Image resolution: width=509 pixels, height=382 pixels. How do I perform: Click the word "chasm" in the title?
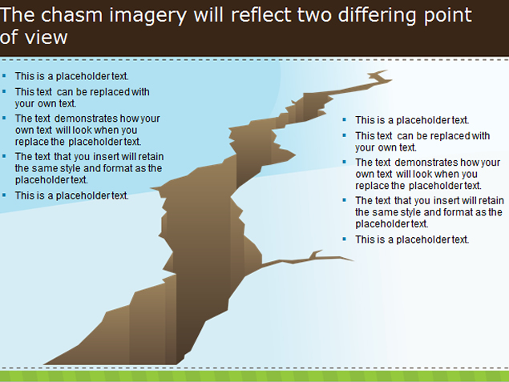point(71,15)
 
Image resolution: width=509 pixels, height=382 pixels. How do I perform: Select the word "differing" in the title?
point(377,16)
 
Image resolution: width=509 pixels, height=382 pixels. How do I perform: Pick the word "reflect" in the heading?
point(260,15)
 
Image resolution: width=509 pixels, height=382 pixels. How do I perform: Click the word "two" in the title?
point(314,16)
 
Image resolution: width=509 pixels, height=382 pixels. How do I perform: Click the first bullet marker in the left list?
point(4,76)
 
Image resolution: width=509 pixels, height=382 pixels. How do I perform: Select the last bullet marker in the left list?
point(4,195)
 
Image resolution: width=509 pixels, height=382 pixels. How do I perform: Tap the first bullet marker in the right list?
point(345,120)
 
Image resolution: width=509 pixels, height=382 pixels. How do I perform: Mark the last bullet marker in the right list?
point(345,239)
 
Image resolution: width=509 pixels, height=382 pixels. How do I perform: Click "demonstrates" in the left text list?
point(86,119)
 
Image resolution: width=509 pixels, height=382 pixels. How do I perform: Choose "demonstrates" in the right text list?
point(426,162)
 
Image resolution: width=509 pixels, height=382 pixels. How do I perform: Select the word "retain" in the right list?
point(491,200)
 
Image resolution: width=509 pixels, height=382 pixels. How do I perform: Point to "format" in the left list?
point(117,168)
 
